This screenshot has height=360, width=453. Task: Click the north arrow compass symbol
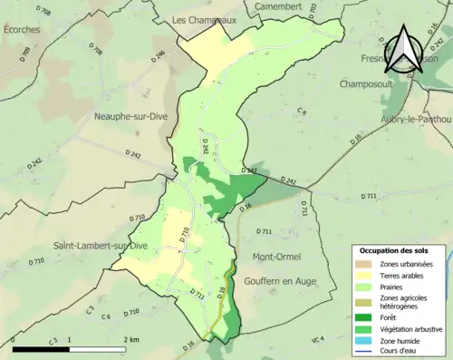coord(404,49)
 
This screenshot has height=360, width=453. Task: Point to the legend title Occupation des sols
coord(395,250)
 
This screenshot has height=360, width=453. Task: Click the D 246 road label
coord(160,56)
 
